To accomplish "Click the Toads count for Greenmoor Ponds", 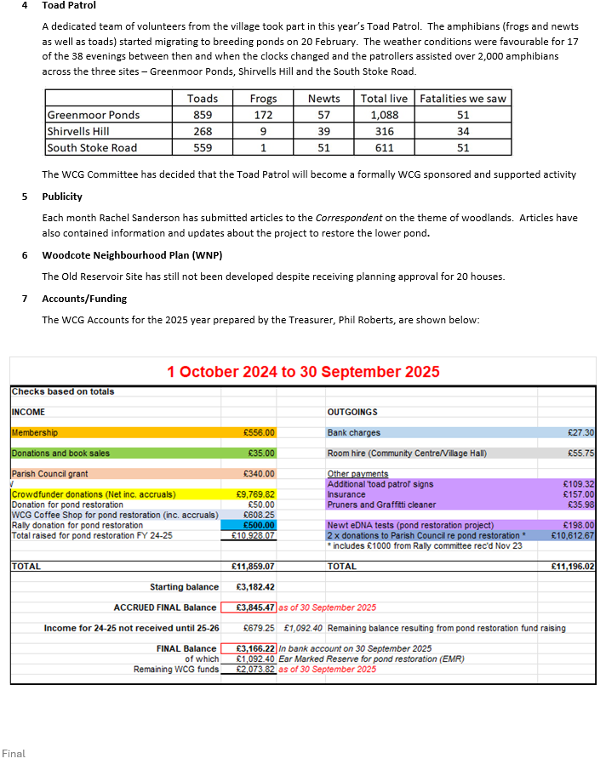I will [202, 115].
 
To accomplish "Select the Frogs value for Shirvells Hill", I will [263, 131].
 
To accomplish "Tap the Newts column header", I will [323, 99].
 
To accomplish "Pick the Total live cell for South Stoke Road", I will [384, 147].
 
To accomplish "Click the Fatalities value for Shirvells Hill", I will [462, 131].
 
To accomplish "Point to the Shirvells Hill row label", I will [79, 131].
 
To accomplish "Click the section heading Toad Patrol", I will [69, 6].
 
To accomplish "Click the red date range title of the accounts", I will [303, 372].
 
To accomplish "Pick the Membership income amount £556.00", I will [258, 433].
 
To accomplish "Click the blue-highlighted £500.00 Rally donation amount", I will [258, 526].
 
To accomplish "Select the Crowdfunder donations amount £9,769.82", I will [254, 494].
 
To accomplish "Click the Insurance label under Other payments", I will [346, 494].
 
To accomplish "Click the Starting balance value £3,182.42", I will [254, 587].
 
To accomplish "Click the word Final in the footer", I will [14, 754].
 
